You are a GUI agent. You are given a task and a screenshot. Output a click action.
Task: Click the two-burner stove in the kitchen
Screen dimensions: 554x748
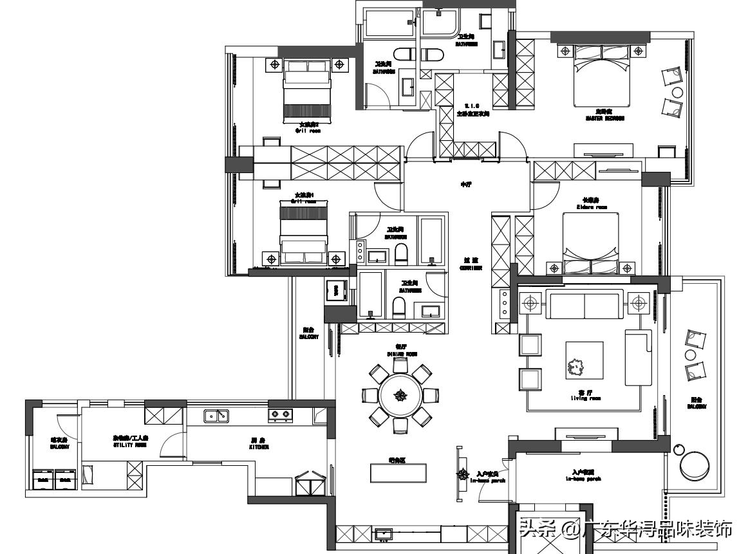pyautogui.click(x=281, y=416)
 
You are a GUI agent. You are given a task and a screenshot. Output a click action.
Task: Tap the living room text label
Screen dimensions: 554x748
pyautogui.click(x=585, y=396)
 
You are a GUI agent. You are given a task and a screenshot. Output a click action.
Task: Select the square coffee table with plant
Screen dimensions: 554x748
pyautogui.click(x=584, y=360)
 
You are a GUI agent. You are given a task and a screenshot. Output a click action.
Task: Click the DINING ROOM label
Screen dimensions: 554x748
pyautogui.click(x=402, y=351)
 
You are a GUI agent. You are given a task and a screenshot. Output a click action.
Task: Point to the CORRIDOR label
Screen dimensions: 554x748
pyautogui.click(x=471, y=264)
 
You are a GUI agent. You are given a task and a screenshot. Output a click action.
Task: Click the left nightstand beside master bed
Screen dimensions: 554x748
pyautogui.click(x=565, y=50)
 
